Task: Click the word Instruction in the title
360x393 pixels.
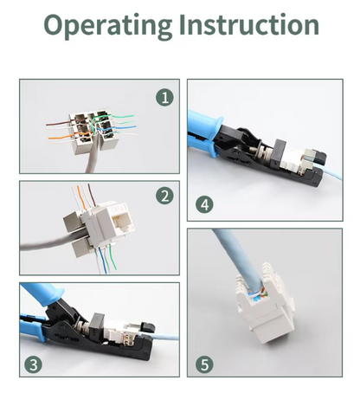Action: tap(249, 24)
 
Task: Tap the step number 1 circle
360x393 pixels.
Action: tap(164, 98)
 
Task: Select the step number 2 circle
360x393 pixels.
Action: tap(164, 196)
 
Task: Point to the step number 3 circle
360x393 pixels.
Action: tap(33, 364)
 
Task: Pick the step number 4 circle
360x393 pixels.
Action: tap(204, 204)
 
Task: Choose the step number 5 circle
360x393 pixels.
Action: tap(204, 364)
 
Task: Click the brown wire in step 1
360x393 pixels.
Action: tap(58, 124)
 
